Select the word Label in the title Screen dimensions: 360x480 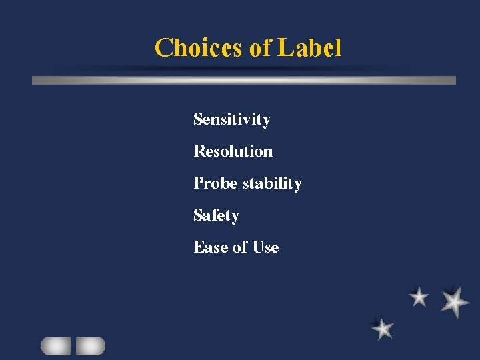(x=309, y=48)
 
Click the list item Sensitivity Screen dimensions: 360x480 (x=232, y=120)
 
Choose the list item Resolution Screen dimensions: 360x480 (x=233, y=151)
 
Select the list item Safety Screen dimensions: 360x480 (x=216, y=215)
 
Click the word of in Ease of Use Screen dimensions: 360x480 (x=240, y=247)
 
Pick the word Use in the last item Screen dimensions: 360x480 (x=265, y=247)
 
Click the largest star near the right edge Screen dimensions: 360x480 (x=455, y=301)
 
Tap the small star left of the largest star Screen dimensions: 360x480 (x=419, y=297)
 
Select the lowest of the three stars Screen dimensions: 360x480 (x=383, y=328)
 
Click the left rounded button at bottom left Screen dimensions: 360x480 (x=55, y=345)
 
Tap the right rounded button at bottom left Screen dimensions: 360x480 (x=90, y=345)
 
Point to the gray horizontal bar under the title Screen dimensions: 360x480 (x=244, y=80)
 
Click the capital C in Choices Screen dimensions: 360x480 (x=163, y=48)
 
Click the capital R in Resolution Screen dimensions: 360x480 (x=199, y=151)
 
